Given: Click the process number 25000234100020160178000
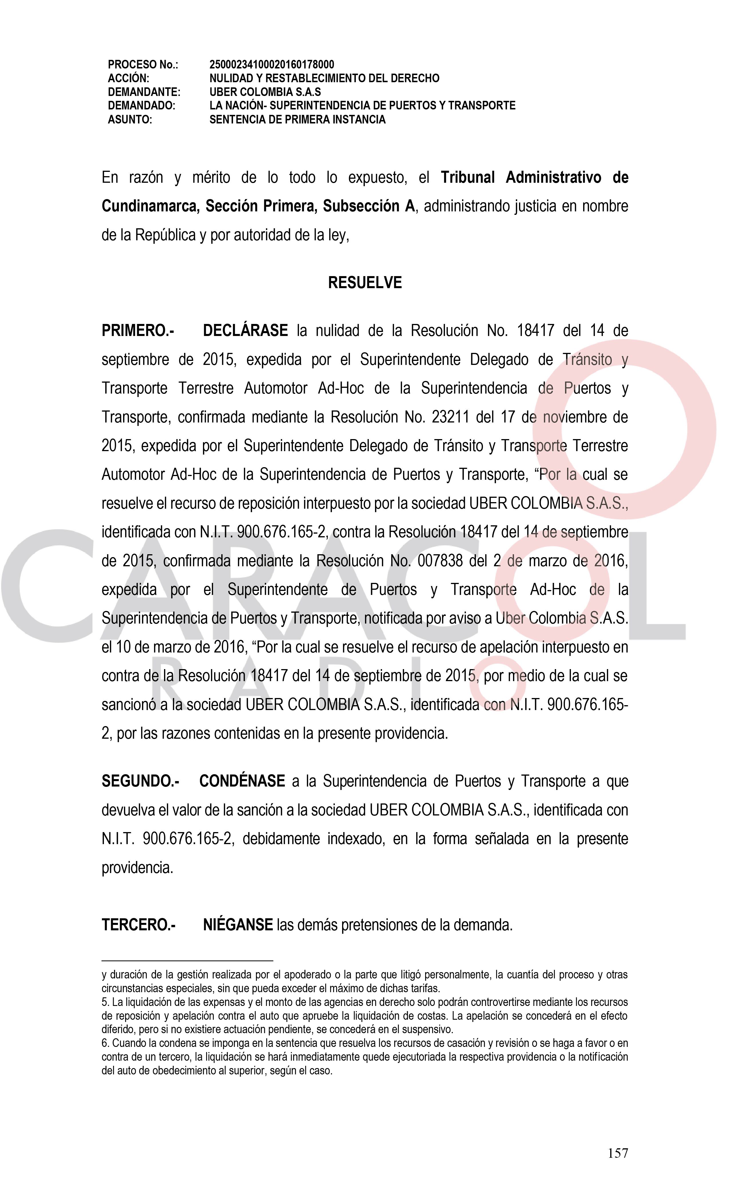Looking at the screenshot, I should coord(271,64).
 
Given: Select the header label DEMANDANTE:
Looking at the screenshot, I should coord(144,92).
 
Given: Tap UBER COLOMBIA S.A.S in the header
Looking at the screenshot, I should coord(265,92).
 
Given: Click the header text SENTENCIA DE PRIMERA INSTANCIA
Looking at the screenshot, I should coord(297,120).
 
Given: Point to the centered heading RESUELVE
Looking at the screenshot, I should coord(364,283).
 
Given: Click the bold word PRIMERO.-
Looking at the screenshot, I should coord(138,331).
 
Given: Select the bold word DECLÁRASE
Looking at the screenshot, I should coord(245,331).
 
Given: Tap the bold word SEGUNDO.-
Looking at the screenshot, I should coord(140,781).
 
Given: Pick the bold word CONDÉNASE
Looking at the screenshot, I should coord(242,781).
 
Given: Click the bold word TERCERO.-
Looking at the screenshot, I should coord(138,925).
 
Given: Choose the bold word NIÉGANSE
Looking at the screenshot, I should coord(238,925).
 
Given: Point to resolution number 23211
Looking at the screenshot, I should coord(450,417).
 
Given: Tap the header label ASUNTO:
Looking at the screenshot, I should coord(130,120).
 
